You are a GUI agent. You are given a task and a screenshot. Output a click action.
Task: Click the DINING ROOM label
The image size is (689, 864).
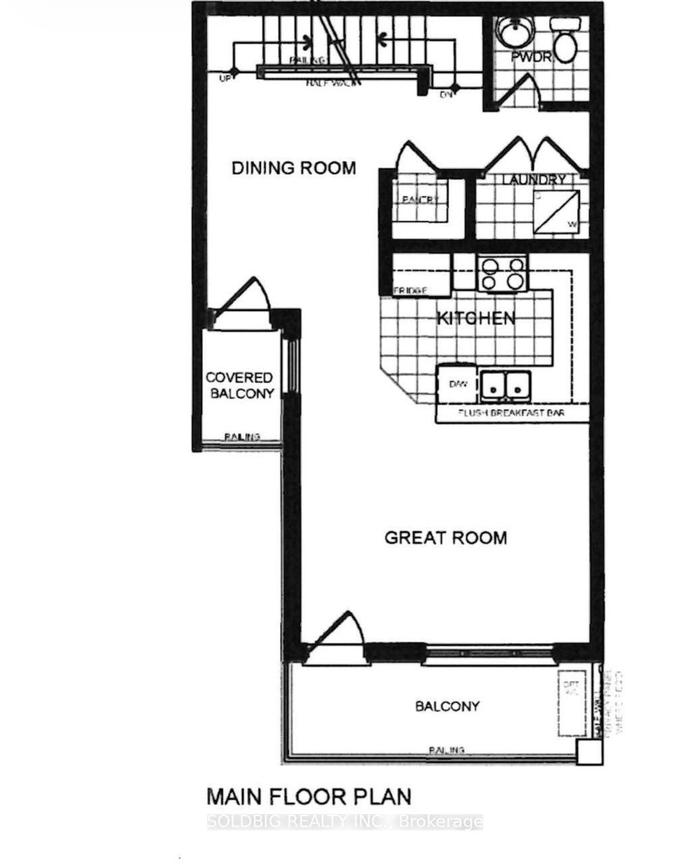click(293, 168)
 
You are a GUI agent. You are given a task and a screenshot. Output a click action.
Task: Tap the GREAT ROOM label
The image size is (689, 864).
click(445, 537)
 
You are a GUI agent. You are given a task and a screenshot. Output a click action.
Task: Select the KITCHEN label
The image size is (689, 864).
click(476, 318)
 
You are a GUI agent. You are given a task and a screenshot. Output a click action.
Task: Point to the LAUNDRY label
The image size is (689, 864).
click(534, 180)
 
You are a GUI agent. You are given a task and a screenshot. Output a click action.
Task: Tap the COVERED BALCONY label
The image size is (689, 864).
click(240, 386)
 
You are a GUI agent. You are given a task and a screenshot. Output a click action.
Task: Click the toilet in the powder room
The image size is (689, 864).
click(564, 40)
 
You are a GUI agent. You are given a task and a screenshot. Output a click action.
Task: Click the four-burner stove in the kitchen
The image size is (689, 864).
click(501, 273)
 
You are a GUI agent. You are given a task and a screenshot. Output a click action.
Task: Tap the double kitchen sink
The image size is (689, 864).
click(504, 385)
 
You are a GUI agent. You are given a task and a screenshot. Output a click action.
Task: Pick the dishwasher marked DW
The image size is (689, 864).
click(458, 384)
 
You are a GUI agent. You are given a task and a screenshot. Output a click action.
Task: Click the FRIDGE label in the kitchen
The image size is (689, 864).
click(410, 290)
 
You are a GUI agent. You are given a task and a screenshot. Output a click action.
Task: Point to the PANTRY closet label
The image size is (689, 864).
click(420, 200)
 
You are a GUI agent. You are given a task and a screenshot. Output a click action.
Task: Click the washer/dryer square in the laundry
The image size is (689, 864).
click(557, 212)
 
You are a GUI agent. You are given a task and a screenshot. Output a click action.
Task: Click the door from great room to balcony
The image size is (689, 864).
click(336, 636)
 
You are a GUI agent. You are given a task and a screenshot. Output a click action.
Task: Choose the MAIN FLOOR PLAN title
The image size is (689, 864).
click(308, 797)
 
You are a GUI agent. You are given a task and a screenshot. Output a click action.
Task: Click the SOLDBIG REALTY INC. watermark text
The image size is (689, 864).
click(345, 822)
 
